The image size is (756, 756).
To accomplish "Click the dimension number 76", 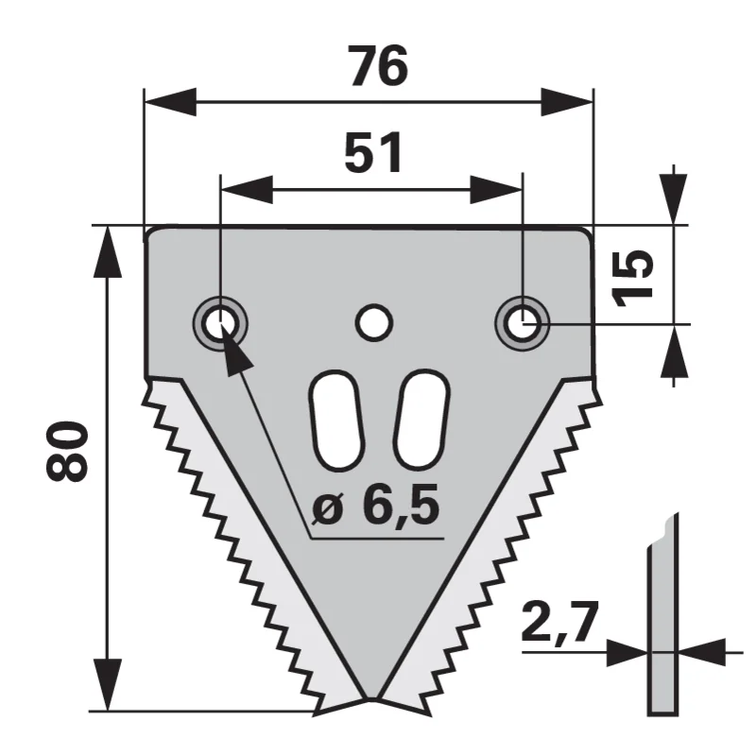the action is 379,66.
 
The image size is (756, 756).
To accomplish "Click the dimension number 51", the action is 373,153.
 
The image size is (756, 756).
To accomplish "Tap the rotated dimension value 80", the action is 67,451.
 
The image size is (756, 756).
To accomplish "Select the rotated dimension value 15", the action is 632,278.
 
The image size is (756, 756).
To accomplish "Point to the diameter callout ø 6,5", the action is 375,505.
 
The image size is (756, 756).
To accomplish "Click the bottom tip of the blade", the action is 371,698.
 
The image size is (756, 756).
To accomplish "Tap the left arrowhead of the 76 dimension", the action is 170,102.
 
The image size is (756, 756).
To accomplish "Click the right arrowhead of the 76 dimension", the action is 566,102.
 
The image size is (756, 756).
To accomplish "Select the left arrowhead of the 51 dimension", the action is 247,190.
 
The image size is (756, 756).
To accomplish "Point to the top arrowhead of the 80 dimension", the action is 107,252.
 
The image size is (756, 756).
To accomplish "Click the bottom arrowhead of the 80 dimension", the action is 107,684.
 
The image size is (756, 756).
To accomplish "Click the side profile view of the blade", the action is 662,615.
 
